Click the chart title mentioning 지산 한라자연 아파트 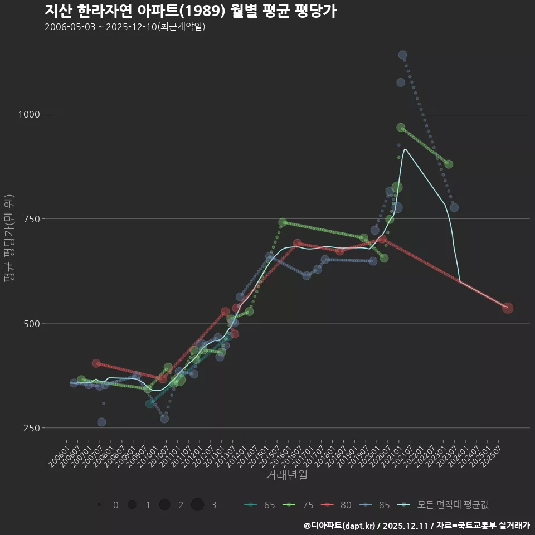190,11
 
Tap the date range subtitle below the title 125,27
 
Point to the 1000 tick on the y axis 30,114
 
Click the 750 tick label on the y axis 32,219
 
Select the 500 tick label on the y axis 32,323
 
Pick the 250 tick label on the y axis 32,428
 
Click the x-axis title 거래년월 286,475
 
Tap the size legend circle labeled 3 197,505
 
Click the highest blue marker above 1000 402,55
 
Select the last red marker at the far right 508,308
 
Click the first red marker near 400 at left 96,363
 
